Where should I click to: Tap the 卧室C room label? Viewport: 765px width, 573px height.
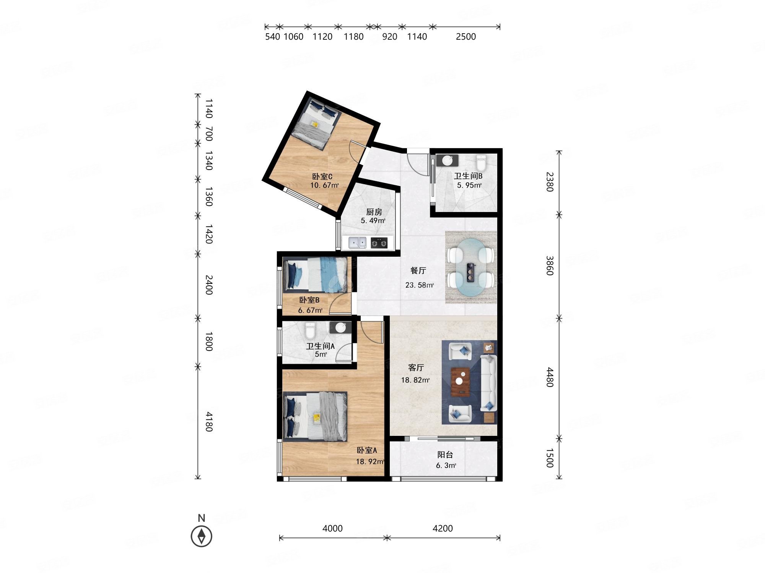coord(322,176)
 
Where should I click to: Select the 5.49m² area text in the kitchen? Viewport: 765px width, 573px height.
coord(373,221)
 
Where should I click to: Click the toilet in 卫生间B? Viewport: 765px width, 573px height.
coord(481,162)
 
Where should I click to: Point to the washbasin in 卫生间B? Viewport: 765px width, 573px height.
coord(447,160)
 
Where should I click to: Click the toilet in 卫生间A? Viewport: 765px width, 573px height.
coord(310,330)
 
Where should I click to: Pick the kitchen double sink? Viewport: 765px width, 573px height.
coord(357,243)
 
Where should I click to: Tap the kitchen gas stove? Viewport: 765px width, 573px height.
coord(379,243)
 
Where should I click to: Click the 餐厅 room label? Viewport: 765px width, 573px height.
coord(418,270)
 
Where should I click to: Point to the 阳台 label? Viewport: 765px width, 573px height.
coord(445,455)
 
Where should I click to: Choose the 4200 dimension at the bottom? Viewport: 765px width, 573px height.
coord(443,528)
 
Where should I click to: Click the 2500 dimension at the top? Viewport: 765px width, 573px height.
coord(466,37)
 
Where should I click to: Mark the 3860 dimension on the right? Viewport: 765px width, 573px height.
coord(550,265)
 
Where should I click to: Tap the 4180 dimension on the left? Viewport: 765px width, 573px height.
coord(209,421)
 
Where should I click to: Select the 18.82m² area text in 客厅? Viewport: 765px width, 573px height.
coord(415,380)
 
